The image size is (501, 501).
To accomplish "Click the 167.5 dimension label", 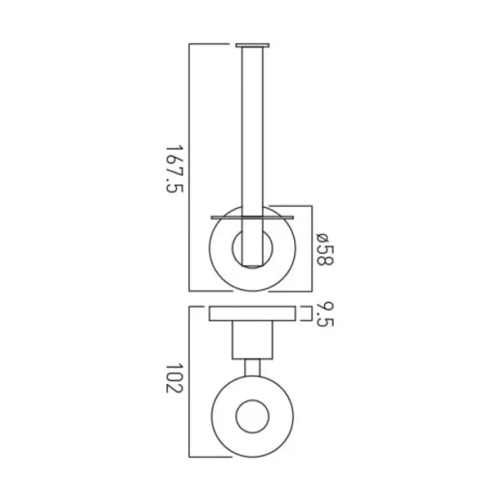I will (174, 167).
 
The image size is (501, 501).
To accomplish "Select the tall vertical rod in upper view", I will (252, 125).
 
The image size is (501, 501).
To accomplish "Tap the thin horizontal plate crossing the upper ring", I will (252, 215).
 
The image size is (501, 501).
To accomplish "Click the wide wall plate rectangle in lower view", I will (252, 314).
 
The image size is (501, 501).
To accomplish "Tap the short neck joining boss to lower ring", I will (252, 367).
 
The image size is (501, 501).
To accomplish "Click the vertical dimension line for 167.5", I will (190, 167).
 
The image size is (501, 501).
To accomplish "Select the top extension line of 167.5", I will (213, 42).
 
